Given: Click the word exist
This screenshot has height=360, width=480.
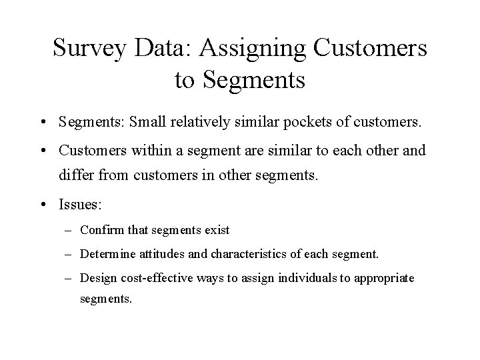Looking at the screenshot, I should (x=216, y=230).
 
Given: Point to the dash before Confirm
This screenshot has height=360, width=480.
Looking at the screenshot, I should (x=70, y=231).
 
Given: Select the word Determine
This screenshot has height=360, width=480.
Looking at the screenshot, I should (x=105, y=254).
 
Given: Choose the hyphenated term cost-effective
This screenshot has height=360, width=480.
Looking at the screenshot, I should (x=151, y=277).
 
